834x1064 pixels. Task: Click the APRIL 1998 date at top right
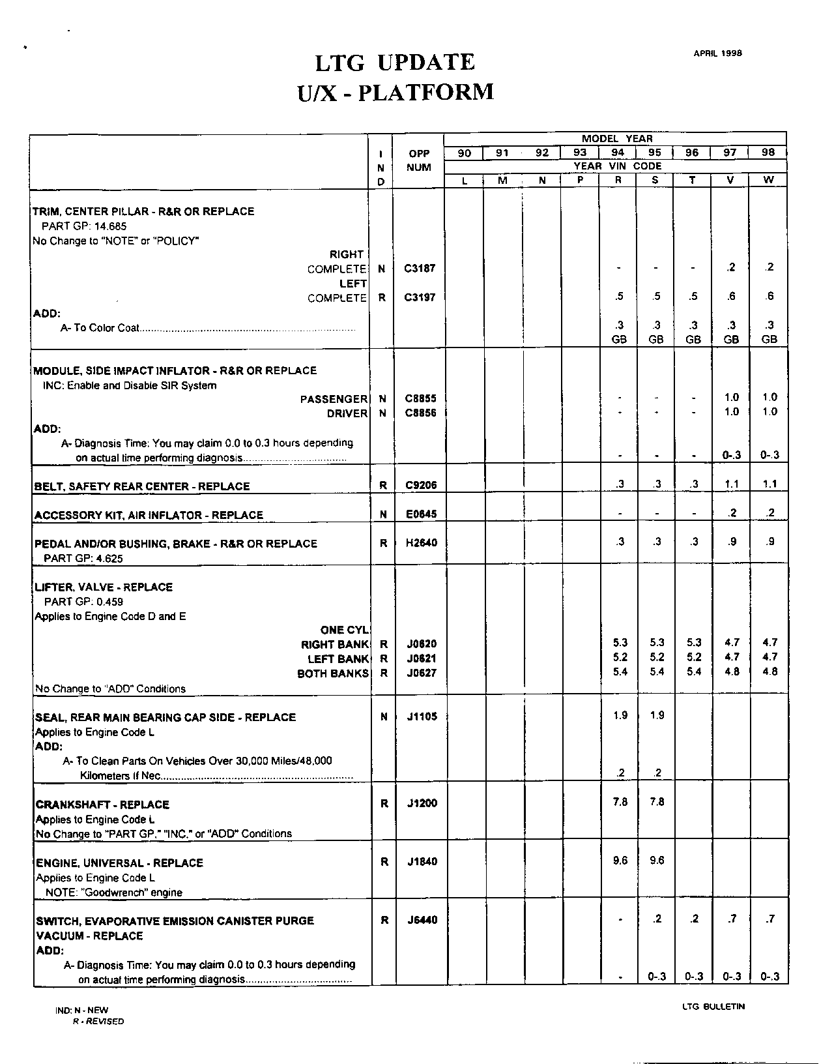click(x=717, y=53)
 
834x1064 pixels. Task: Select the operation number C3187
click(x=420, y=268)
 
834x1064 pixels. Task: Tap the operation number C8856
click(x=420, y=413)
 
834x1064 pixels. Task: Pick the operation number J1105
click(x=422, y=717)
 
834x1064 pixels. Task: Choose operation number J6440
click(x=422, y=920)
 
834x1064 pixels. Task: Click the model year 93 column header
click(x=580, y=153)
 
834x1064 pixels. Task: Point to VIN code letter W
click(x=769, y=180)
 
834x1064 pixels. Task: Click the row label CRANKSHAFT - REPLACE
click(x=102, y=805)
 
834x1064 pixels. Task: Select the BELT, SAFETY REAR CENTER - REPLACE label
click(x=142, y=486)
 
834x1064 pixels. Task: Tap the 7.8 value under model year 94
click(x=620, y=802)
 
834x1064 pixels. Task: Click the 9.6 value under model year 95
click(x=657, y=861)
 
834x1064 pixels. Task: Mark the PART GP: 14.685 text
click(x=84, y=226)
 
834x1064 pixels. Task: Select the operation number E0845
click(x=421, y=514)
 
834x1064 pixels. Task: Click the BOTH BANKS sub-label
click(x=332, y=673)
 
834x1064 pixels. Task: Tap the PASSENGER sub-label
click(x=334, y=399)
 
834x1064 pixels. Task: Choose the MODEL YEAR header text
click(x=616, y=139)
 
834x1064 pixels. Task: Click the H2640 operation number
click(x=421, y=543)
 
